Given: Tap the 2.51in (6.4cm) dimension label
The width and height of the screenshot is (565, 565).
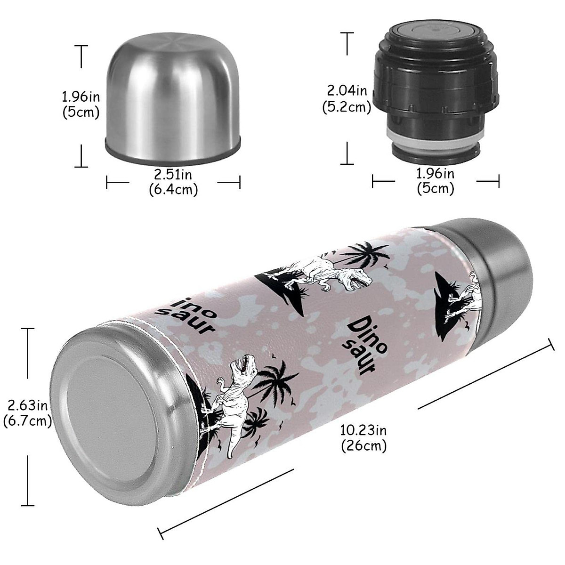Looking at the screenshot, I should point(173,182).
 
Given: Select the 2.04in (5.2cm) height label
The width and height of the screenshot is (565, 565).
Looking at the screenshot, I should point(347,98).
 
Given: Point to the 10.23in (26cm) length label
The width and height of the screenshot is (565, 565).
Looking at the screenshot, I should point(363,437).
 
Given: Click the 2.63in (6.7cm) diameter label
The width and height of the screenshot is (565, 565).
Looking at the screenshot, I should point(27,412).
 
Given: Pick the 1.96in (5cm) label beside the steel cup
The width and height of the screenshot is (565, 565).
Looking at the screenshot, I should point(81,105).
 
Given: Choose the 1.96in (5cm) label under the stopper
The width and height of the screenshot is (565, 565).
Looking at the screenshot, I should point(436,181).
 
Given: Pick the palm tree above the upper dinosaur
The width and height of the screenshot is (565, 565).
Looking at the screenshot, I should point(365,254).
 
